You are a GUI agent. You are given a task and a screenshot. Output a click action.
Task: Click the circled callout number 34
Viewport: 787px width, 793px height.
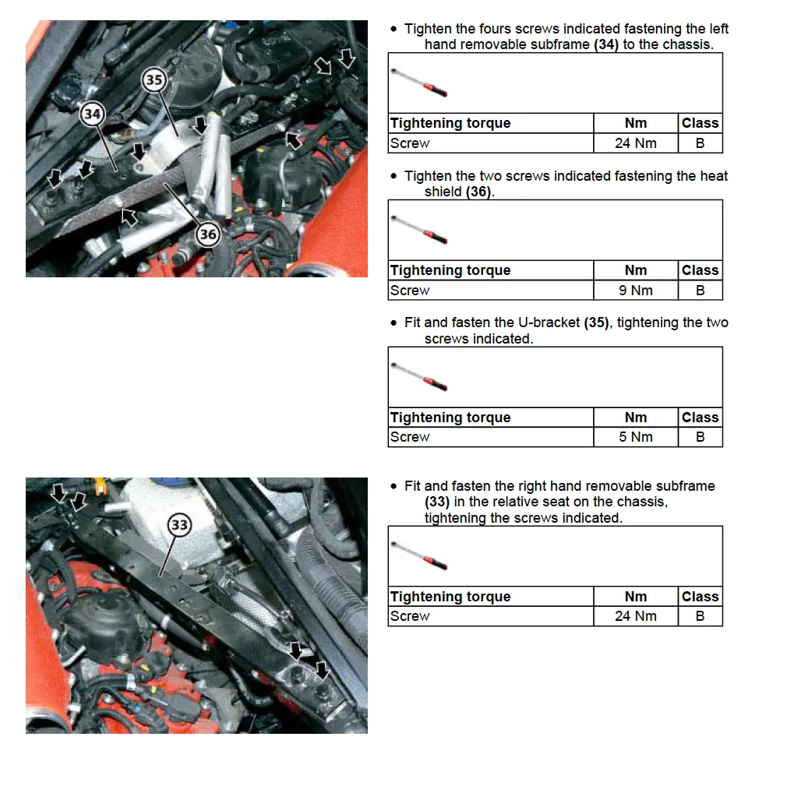92,115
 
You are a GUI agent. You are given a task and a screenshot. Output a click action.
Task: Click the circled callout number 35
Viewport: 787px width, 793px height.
154,79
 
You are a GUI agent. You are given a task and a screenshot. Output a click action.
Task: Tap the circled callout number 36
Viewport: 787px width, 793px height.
208,234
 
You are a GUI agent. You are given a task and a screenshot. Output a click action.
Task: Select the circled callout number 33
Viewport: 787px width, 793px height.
180,525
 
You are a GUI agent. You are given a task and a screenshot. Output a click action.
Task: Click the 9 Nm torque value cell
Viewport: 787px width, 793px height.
635,291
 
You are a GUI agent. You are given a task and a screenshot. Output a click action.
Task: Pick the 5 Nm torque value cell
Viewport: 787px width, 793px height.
635,437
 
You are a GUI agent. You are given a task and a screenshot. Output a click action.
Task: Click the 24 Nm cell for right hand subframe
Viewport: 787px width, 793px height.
635,616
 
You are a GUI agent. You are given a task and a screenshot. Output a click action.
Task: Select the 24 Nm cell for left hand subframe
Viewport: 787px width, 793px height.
635,143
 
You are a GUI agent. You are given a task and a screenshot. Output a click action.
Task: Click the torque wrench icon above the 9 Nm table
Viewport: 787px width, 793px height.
419,230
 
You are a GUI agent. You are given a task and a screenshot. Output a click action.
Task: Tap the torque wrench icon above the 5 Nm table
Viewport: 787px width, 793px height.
419,376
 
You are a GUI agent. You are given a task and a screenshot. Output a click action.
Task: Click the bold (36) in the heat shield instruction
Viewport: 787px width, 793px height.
479,192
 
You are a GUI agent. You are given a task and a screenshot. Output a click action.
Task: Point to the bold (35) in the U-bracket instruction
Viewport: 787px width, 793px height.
597,322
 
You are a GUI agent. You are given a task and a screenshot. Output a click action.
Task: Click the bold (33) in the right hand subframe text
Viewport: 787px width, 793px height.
437,502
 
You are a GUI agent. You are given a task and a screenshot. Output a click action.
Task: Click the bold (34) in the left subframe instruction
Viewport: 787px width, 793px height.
606,44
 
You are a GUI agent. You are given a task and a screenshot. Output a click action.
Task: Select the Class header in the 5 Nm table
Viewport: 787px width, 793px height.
700,418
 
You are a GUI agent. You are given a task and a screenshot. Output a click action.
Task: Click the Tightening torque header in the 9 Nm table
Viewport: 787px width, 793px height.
450,270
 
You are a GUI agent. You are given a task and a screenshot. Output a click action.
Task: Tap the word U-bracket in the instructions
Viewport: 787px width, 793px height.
549,322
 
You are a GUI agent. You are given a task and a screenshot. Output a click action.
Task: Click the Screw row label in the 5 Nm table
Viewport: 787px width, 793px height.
410,437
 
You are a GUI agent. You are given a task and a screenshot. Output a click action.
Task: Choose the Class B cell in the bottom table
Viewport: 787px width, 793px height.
700,616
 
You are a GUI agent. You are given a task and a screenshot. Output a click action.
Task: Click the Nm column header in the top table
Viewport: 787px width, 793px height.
635,123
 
